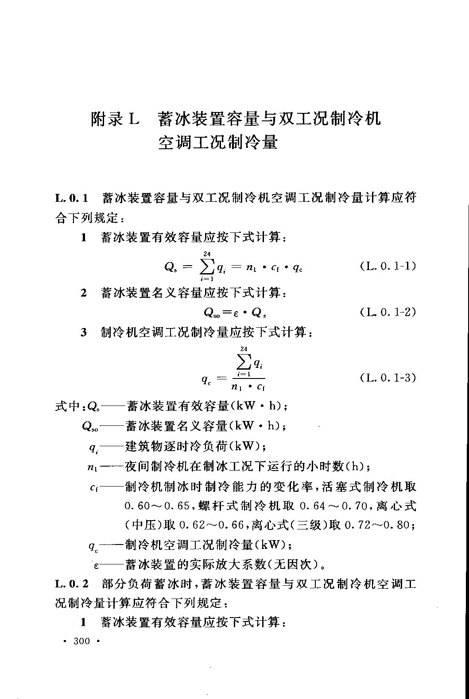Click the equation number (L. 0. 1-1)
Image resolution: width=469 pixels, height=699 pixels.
(388, 266)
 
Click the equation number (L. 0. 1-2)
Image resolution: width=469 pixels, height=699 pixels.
(388, 312)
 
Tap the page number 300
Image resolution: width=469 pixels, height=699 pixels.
(82, 641)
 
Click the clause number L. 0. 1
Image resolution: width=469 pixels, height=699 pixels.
(72, 198)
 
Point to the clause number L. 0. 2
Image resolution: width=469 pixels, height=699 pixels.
(72, 584)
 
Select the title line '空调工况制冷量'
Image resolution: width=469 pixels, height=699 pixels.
(217, 143)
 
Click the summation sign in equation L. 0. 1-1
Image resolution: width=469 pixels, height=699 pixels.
(207, 266)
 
